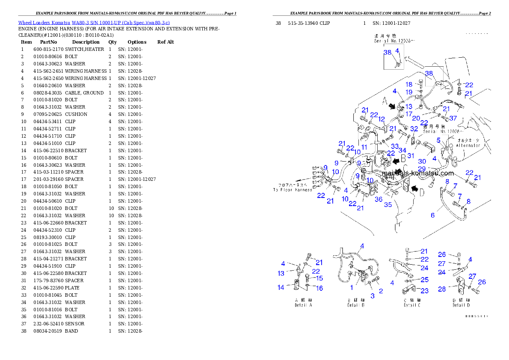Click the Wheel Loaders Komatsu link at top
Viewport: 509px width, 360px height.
tap(94, 22)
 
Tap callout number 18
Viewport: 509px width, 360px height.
tap(409, 85)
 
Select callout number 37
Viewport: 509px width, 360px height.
tap(453, 118)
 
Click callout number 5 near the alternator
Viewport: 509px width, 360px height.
tap(438, 140)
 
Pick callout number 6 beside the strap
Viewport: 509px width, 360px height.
tap(432, 215)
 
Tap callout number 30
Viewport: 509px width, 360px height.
tap(422, 161)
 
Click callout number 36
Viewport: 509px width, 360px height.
tap(379, 199)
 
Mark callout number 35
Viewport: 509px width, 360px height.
tap(388, 205)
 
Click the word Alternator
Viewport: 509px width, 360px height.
tap(468, 145)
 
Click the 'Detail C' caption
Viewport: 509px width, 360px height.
tap(410, 305)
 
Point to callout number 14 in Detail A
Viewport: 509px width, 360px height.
tap(281, 287)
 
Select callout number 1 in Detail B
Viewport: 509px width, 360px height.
tap(352, 288)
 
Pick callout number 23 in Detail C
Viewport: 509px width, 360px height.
tap(424, 290)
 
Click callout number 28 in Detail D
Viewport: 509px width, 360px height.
tap(442, 289)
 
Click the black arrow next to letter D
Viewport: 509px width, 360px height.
tap(414, 188)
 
